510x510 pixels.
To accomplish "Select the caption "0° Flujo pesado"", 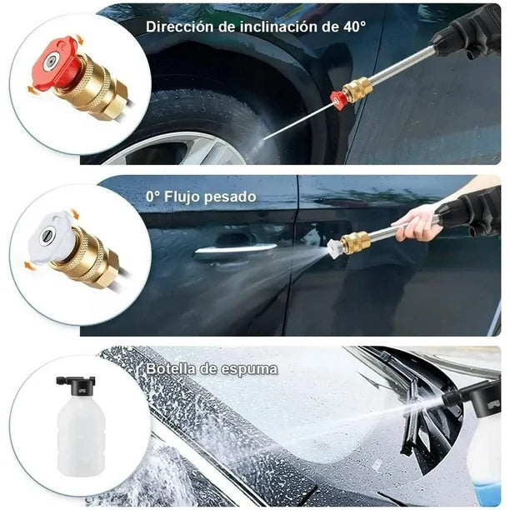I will click(200, 197).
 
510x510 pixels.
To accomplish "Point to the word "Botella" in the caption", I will click(172, 367).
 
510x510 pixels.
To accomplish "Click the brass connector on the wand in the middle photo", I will click(356, 242).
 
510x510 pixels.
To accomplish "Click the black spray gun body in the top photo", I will click(467, 33).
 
